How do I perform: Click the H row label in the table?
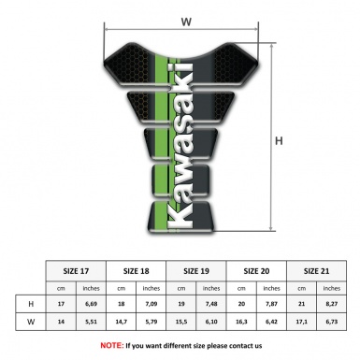tap(31, 304)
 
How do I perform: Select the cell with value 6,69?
tap(92, 304)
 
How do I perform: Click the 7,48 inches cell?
tap(212, 304)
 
